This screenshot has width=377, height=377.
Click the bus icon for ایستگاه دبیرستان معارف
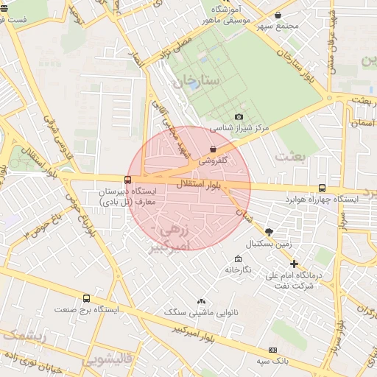click(128, 180)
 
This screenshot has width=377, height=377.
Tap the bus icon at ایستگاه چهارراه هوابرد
click(322, 188)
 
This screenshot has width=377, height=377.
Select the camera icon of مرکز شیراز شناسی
click(238, 117)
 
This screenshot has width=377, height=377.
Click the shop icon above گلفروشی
click(213, 149)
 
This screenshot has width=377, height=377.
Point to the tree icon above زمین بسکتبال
click(269, 231)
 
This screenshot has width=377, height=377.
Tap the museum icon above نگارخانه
click(237, 259)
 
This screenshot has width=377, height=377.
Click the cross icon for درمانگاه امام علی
click(294, 264)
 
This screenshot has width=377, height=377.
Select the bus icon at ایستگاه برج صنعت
click(87, 299)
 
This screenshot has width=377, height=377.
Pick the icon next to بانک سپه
click(273, 350)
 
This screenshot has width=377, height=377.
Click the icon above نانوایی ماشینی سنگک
click(201, 301)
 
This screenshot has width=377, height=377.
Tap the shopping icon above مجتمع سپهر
click(278, 15)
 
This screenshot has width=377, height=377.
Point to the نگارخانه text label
click(237, 270)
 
